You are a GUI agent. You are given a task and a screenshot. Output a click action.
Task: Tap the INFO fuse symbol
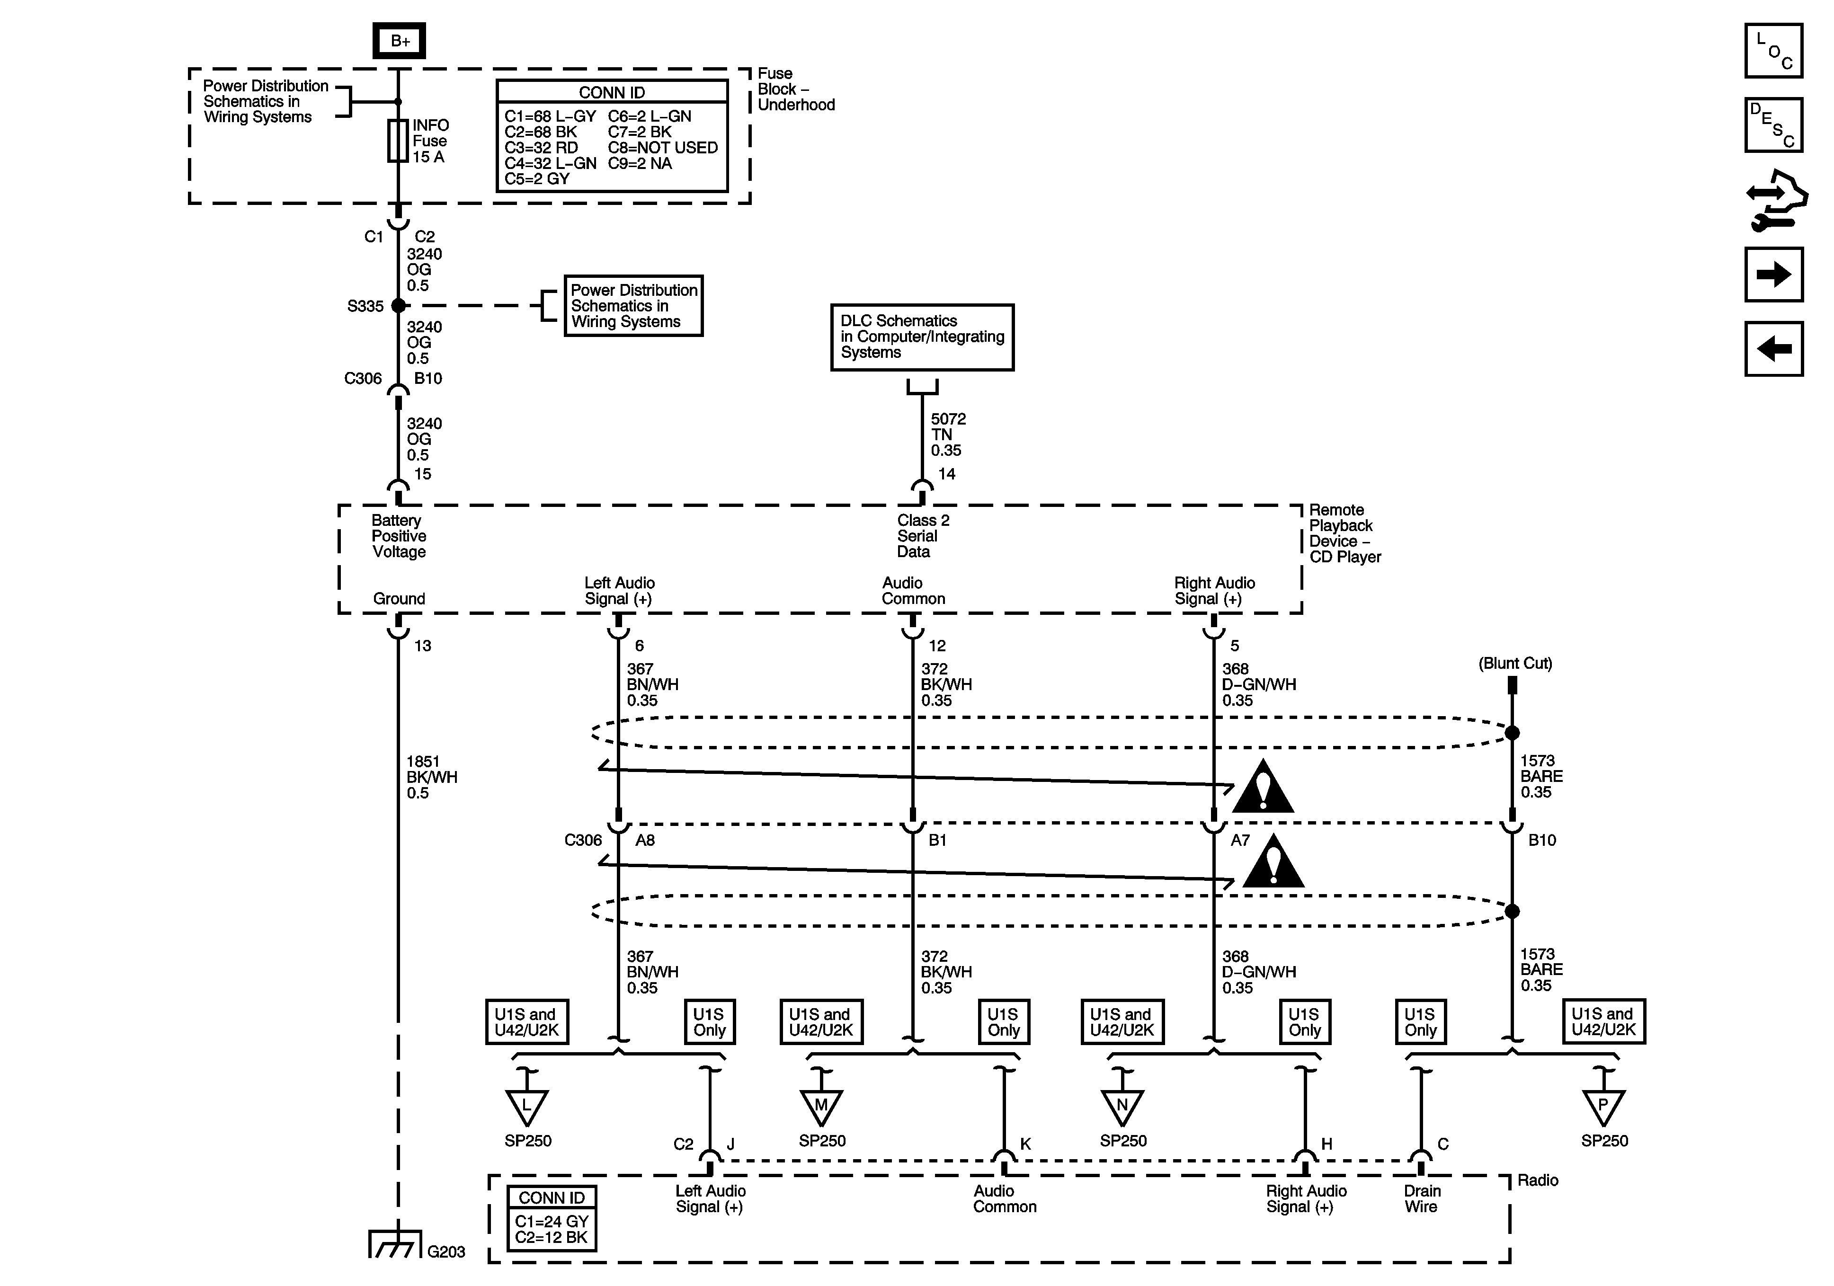coord(398,142)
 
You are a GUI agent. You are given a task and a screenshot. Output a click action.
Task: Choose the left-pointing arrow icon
coord(1773,348)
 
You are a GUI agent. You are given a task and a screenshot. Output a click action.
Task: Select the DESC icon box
coord(1773,124)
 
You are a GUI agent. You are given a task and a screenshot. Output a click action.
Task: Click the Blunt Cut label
coord(1515,663)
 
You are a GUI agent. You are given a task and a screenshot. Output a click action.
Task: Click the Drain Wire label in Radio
coord(1422,1198)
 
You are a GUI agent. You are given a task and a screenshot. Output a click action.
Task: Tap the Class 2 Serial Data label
coord(923,536)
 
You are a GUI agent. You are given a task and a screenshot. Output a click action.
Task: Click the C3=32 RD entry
coord(541,148)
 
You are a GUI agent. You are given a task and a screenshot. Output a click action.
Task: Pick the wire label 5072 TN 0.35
coord(948,435)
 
